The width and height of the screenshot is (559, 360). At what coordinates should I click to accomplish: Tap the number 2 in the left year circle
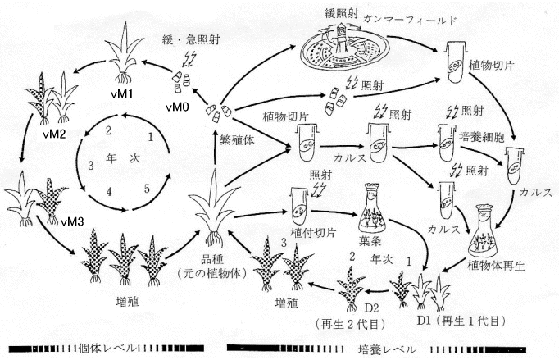click(x=108, y=129)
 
